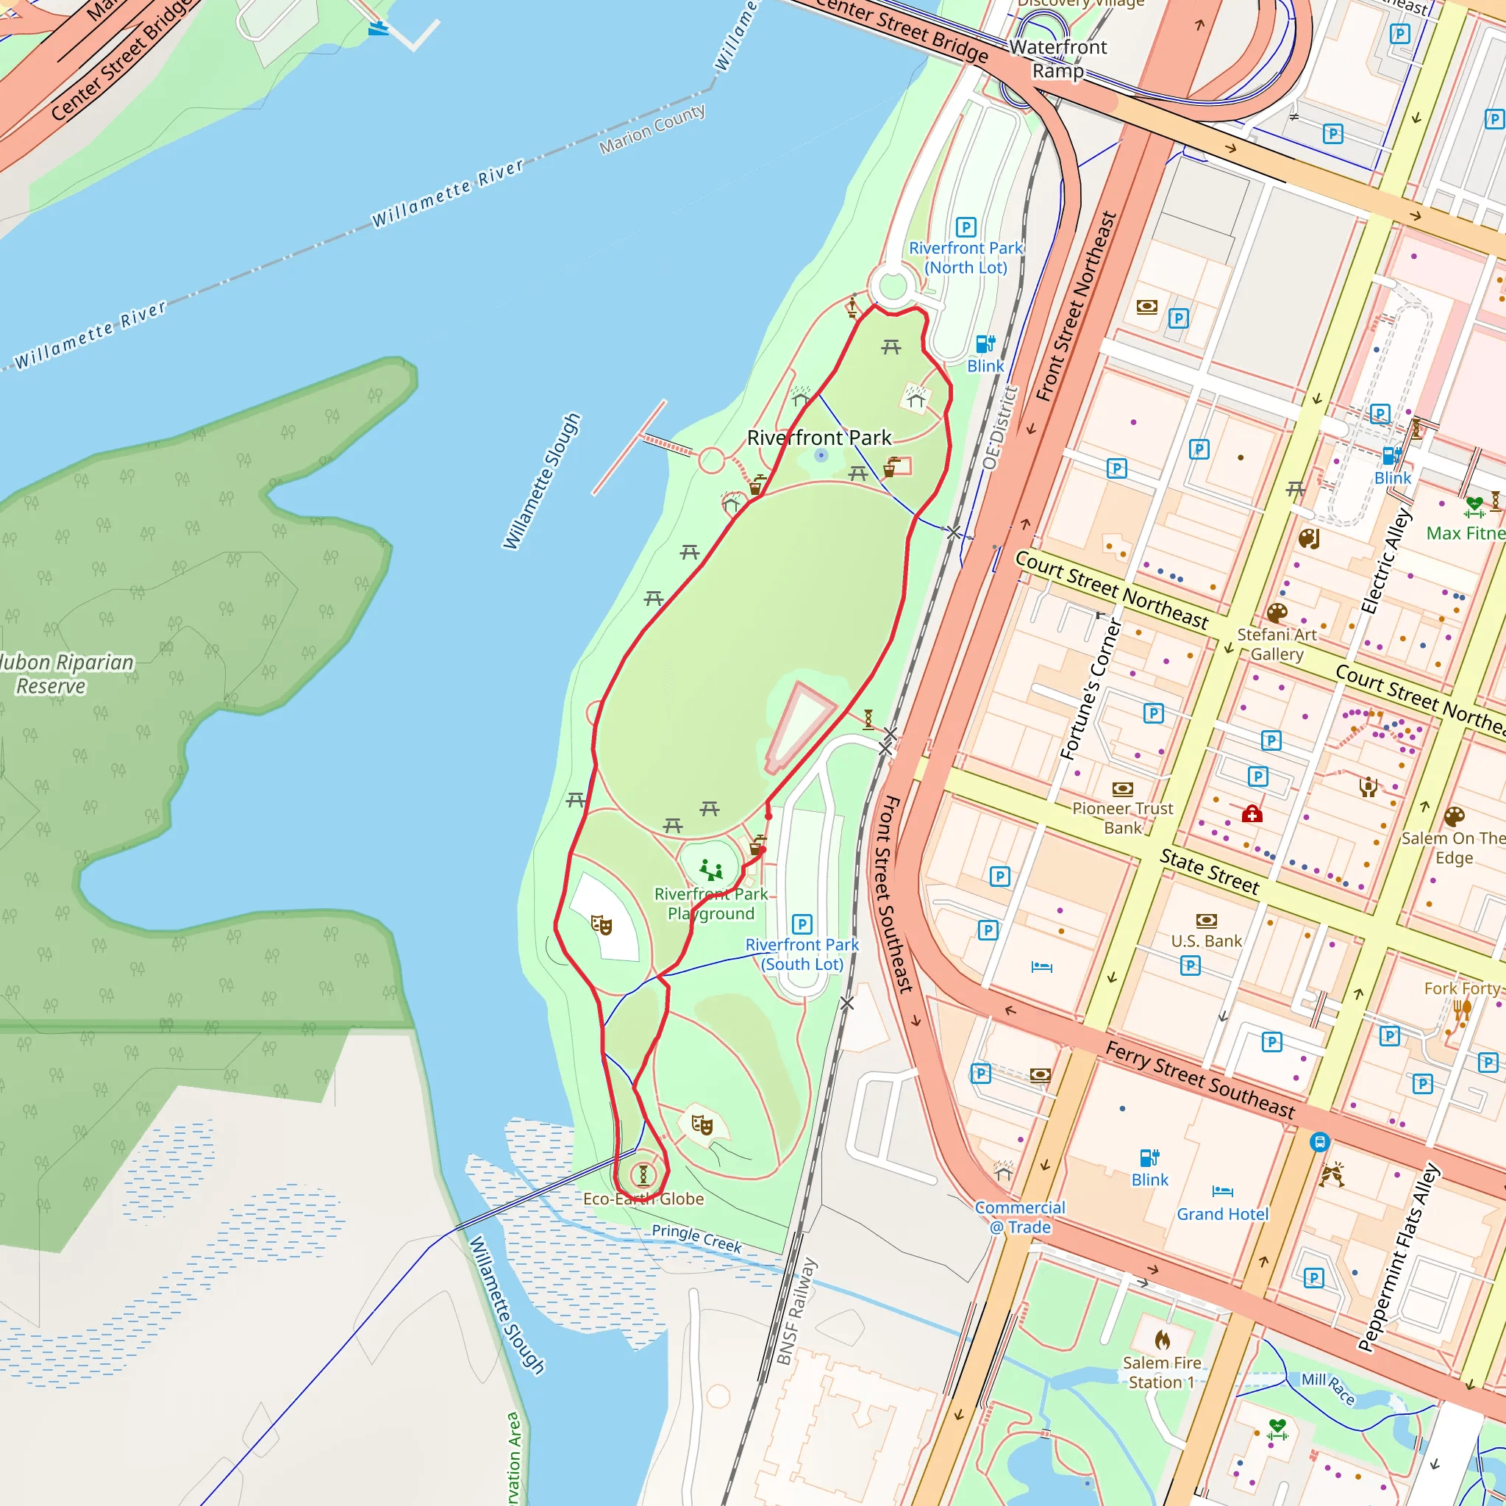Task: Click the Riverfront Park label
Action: coord(818,438)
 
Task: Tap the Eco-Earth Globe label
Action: coord(643,1199)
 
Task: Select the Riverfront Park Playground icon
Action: coord(710,868)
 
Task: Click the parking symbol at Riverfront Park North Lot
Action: coord(966,228)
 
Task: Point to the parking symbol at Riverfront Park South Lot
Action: coord(802,924)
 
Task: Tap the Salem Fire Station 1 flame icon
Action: coord(1163,1340)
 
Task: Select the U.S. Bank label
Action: coord(1206,941)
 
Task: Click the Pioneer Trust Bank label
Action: coord(1122,818)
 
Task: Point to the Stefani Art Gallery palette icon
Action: coord(1277,613)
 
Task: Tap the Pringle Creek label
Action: coord(696,1238)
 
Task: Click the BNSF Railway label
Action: coord(796,1312)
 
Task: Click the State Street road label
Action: coord(1209,871)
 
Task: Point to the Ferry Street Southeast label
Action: coord(1200,1079)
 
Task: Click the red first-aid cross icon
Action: coord(1252,815)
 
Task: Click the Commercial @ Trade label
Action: coord(1020,1217)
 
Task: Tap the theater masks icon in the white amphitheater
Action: coord(601,925)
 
